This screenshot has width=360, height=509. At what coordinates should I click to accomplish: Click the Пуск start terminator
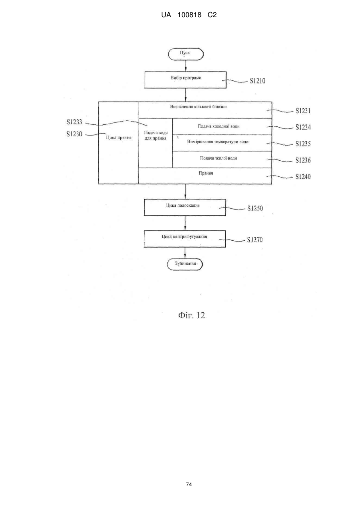(185, 54)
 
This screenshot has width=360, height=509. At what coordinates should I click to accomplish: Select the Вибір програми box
(185, 80)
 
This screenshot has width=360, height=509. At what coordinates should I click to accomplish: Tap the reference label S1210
(258, 81)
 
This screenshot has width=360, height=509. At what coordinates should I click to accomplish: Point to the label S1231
(303, 111)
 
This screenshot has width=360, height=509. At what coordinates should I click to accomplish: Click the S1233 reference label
(74, 122)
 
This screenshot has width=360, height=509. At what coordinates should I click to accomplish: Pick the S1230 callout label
(74, 134)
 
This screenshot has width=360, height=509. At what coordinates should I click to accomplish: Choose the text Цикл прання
(119, 138)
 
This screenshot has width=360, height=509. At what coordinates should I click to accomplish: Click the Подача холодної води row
(222, 127)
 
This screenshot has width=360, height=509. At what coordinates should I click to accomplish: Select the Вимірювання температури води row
(222, 143)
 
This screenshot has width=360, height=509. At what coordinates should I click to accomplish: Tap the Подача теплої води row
(222, 159)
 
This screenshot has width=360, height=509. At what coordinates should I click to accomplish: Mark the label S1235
(303, 144)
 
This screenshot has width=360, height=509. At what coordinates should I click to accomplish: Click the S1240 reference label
(303, 177)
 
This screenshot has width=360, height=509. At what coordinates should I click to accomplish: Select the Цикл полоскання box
(185, 207)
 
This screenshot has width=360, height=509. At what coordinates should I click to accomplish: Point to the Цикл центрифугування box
(185, 239)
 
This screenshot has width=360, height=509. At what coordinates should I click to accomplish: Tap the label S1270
(255, 240)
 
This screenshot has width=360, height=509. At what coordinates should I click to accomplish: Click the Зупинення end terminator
(185, 264)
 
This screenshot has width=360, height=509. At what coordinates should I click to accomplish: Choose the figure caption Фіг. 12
(191, 315)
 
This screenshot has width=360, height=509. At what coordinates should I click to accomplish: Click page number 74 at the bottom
(189, 485)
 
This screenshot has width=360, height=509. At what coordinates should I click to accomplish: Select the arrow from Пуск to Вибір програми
(186, 66)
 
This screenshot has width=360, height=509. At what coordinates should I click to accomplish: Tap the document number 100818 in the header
(189, 15)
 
